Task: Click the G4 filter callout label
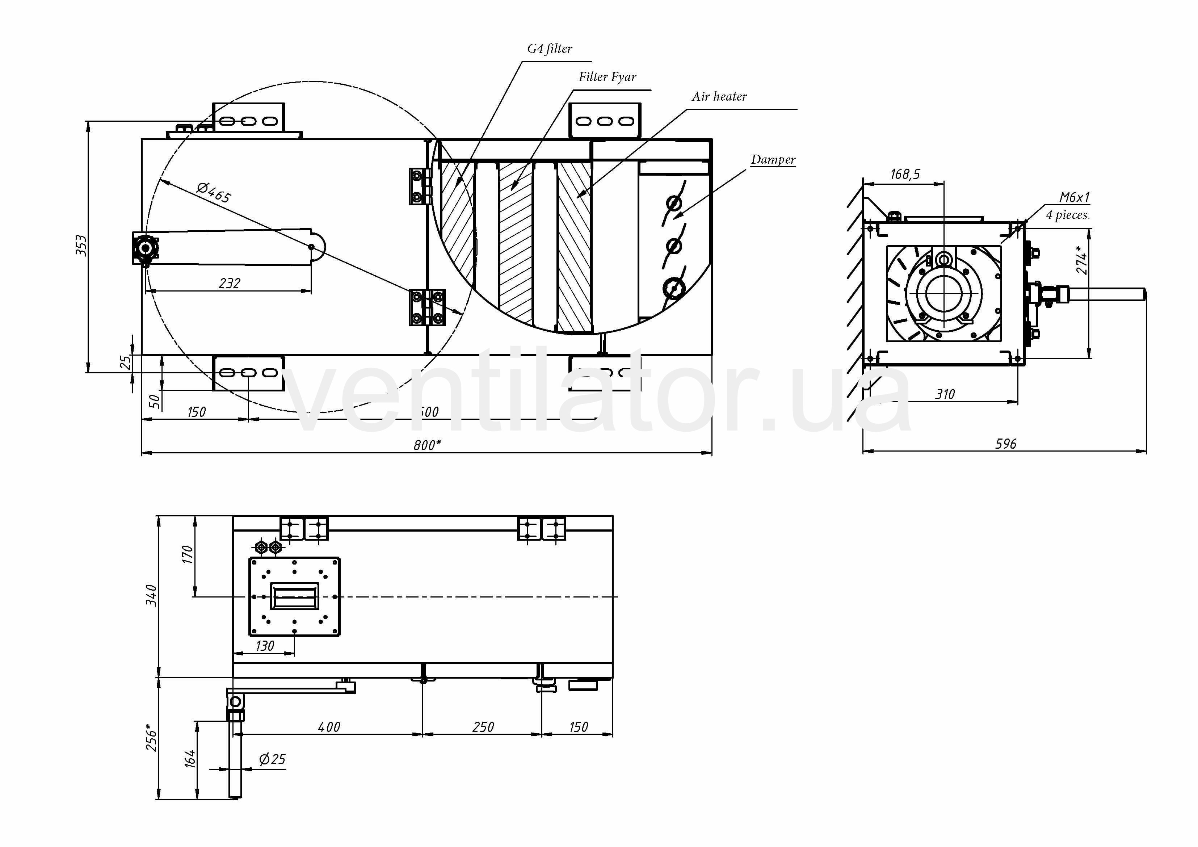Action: pyautogui.click(x=550, y=49)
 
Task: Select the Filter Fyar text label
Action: pyautogui.click(x=607, y=77)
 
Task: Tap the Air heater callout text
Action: pyautogui.click(x=719, y=97)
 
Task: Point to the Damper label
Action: pyautogui.click(x=773, y=159)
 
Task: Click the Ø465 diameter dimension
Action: pyautogui.click(x=213, y=193)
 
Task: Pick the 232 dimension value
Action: pyautogui.click(x=229, y=284)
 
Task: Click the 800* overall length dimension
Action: pyautogui.click(x=427, y=445)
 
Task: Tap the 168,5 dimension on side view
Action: pyautogui.click(x=905, y=174)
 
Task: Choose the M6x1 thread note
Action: pyautogui.click(x=1074, y=197)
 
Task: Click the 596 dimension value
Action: pyautogui.click(x=1005, y=444)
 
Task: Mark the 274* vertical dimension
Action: pyautogui.click(x=1082, y=260)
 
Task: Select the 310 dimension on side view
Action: pyautogui.click(x=945, y=394)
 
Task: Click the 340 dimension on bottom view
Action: pyautogui.click(x=151, y=595)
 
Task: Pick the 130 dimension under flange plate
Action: pyautogui.click(x=265, y=646)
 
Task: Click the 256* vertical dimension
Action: pyautogui.click(x=151, y=737)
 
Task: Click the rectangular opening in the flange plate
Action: pyautogui.click(x=294, y=596)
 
